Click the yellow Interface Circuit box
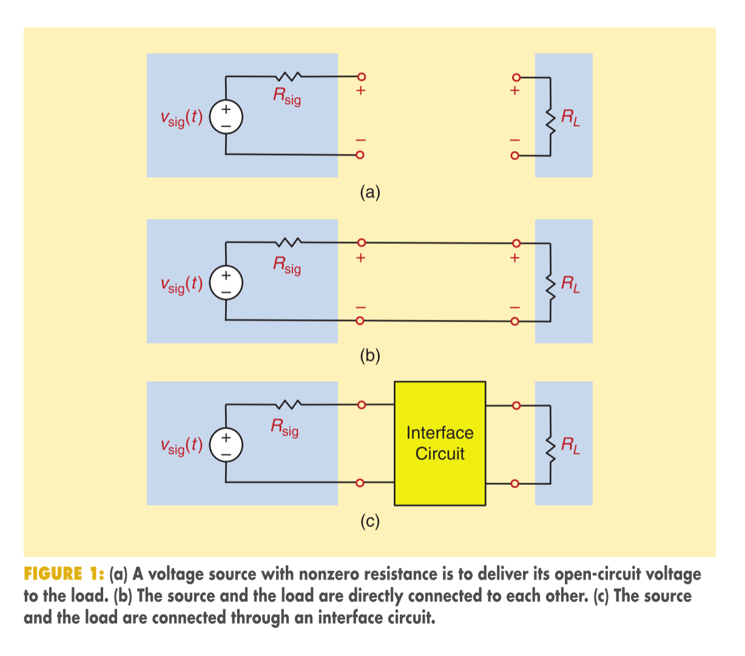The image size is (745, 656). tap(440, 444)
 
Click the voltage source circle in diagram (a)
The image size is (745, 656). tap(226, 117)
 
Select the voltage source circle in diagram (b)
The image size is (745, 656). tap(226, 283)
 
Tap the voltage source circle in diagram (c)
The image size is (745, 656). tap(226, 445)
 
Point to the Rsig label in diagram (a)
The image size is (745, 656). tap(287, 96)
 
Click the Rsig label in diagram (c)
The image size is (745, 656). tap(285, 427)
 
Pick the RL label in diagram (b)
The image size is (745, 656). tap(570, 285)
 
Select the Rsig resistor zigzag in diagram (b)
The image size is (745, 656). tap(289, 242)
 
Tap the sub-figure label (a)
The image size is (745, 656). tap(370, 192)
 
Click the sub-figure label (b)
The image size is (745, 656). tap(370, 356)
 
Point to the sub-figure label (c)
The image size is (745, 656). tap(370, 521)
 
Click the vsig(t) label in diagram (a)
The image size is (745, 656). tap(181, 118)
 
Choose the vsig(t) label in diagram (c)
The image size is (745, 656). tap(181, 445)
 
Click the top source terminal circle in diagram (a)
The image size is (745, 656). tap(362, 76)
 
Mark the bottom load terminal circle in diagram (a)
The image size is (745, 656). tap(515, 155)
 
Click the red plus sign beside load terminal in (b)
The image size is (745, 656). tap(515, 257)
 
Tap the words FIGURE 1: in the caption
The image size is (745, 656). tap(64, 574)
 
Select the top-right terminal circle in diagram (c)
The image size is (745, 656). tap(516, 405)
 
